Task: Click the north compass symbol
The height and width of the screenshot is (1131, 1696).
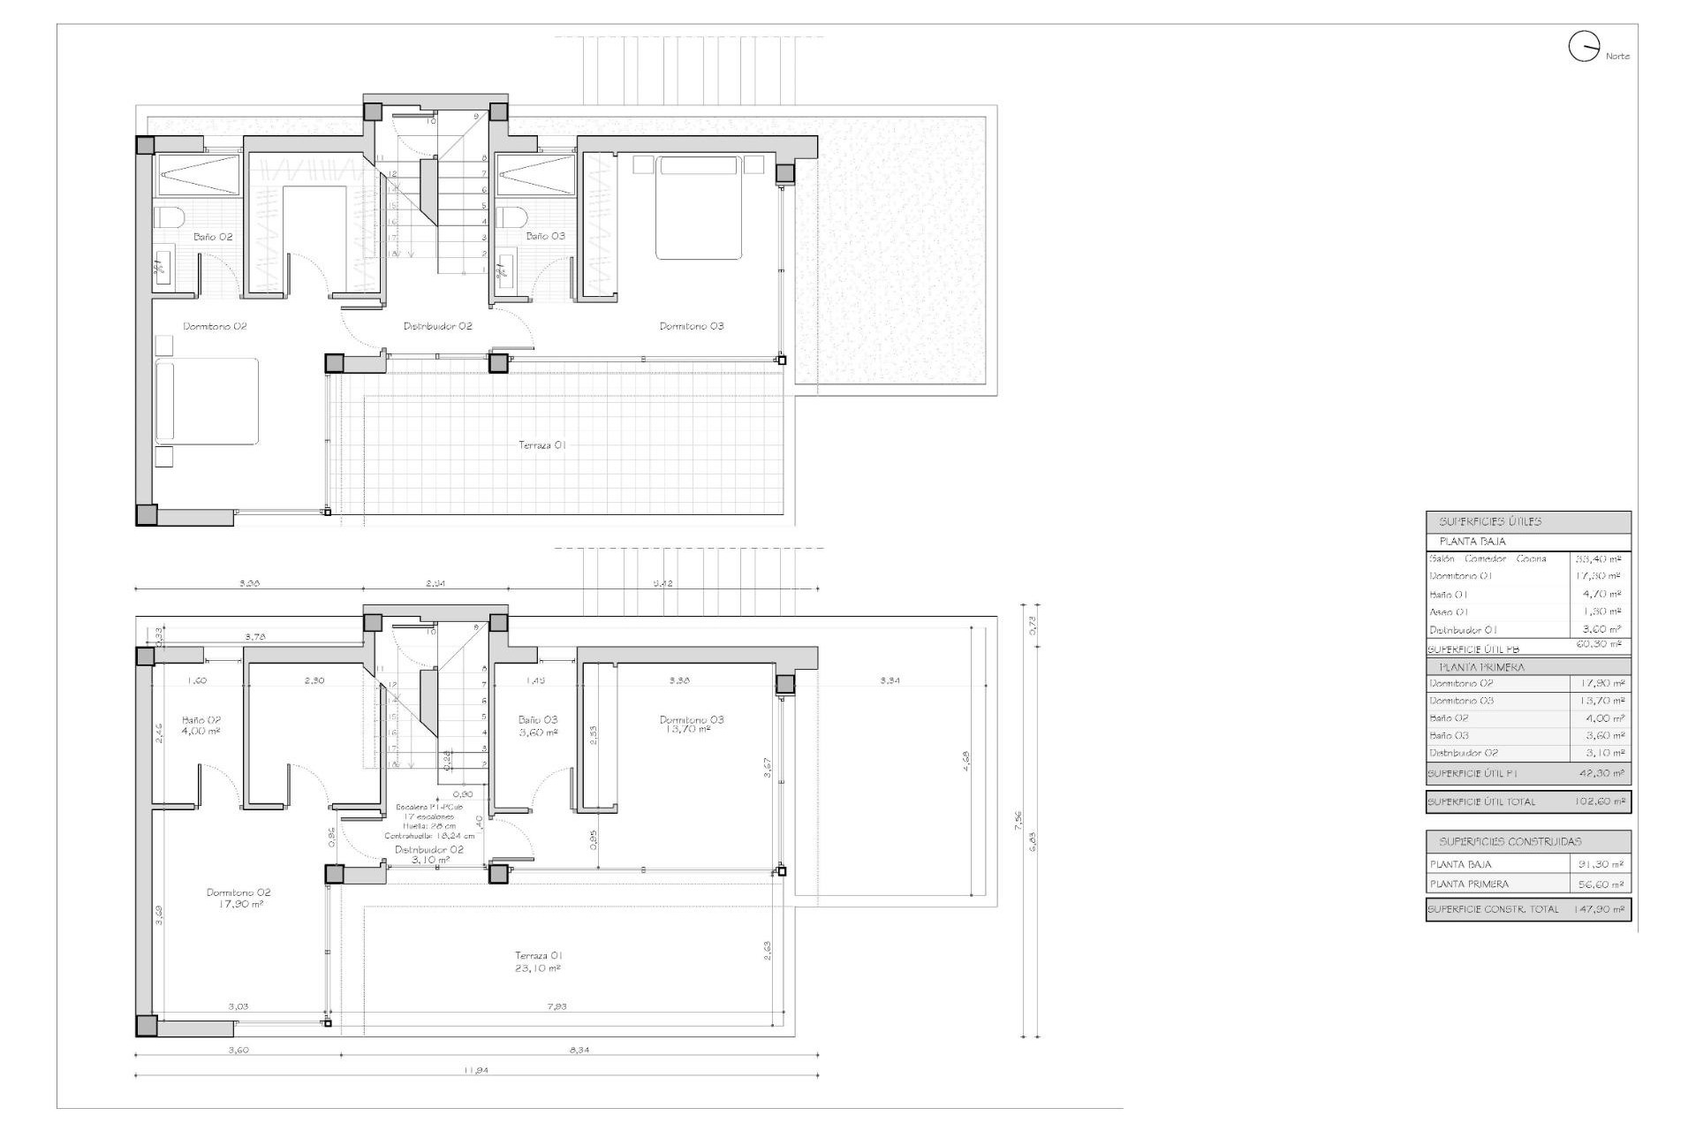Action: tap(1584, 47)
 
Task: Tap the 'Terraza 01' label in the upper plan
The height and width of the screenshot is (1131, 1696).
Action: tap(541, 445)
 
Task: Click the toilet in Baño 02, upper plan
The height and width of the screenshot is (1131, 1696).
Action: tap(168, 218)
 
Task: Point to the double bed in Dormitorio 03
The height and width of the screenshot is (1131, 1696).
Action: tap(698, 208)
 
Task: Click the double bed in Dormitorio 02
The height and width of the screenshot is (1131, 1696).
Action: tap(207, 400)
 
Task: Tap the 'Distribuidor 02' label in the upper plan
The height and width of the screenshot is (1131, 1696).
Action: tap(437, 326)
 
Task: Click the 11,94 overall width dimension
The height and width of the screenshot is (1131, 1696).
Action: tap(476, 1070)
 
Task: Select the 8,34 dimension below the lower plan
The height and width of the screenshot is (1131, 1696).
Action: tap(579, 1050)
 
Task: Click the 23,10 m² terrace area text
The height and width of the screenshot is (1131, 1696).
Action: tap(538, 968)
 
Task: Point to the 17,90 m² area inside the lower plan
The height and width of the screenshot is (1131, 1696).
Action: tap(238, 904)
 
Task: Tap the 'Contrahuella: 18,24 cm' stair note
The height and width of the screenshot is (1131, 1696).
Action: tap(429, 836)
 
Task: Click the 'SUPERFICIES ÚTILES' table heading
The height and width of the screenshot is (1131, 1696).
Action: tap(1489, 522)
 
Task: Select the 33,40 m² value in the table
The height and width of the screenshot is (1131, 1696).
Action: tap(1599, 558)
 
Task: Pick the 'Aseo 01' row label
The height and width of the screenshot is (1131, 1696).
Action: tap(1449, 611)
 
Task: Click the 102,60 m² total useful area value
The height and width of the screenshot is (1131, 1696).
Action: tap(1599, 802)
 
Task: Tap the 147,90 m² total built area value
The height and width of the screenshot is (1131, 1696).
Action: tap(1599, 909)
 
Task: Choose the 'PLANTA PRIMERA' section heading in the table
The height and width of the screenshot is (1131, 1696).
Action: tap(1481, 667)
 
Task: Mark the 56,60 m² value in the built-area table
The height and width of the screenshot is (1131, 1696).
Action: tap(1601, 884)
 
